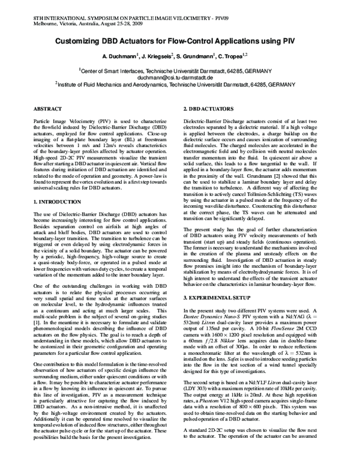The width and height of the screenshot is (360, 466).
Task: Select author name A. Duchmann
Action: coord(119,56)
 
